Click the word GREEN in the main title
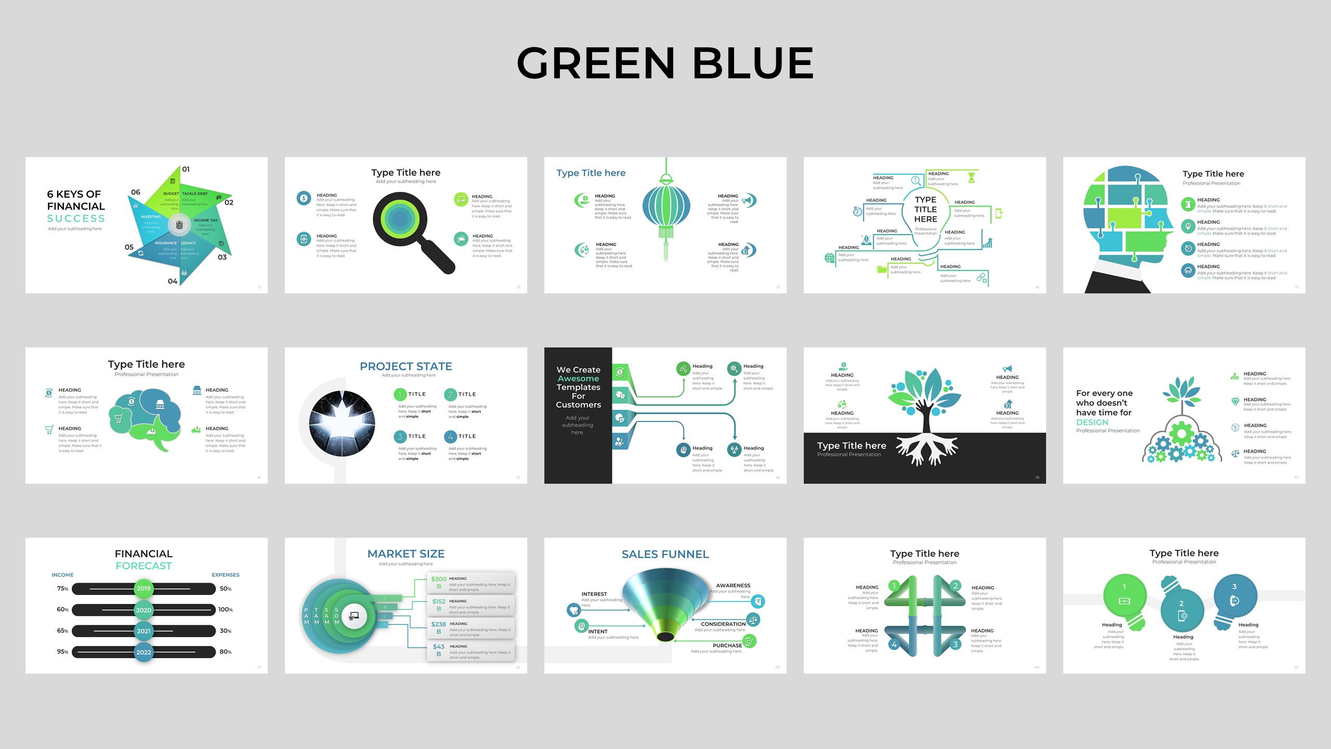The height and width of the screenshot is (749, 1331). (596, 63)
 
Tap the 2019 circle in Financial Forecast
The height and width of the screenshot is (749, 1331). (143, 589)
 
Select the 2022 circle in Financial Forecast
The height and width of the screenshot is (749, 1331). (143, 652)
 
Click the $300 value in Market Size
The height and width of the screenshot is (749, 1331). (438, 579)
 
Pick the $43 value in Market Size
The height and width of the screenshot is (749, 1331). (438, 647)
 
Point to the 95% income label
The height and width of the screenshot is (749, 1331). (62, 652)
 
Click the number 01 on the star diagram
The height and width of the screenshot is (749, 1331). (186, 170)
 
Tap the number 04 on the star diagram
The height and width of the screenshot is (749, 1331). (173, 281)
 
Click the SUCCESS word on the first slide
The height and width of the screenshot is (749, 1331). (76, 218)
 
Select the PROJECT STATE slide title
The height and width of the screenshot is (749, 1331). (406, 367)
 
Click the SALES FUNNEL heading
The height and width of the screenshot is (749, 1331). (665, 554)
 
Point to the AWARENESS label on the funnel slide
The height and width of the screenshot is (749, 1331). (733, 586)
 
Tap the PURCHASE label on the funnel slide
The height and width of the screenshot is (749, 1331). (727, 645)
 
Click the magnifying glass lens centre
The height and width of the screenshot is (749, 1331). (400, 219)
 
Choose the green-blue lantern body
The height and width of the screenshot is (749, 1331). (666, 206)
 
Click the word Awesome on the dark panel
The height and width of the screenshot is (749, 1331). (578, 379)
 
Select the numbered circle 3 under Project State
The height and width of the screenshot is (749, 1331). (400, 437)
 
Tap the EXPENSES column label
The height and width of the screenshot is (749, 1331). (225, 575)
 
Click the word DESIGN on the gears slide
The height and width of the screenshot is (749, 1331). (1092, 422)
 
